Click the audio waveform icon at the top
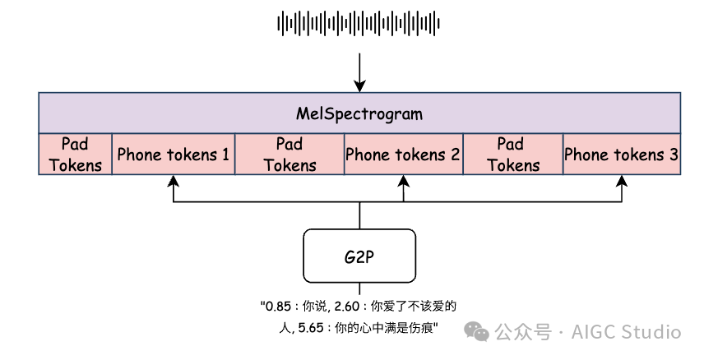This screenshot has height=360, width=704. [x=359, y=23]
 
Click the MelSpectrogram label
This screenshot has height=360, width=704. [x=359, y=113]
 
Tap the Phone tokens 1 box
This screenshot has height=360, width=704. [x=173, y=154]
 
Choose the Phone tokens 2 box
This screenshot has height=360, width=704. [x=403, y=154]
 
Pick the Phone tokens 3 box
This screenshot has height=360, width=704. [x=622, y=154]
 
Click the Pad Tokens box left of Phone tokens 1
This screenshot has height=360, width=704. [x=75, y=154]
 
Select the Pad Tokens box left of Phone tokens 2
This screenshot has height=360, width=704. [x=289, y=154]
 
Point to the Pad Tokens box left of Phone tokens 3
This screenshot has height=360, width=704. [x=513, y=154]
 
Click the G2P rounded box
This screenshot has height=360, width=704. [x=359, y=256]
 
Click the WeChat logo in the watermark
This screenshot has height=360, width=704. [x=477, y=331]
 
